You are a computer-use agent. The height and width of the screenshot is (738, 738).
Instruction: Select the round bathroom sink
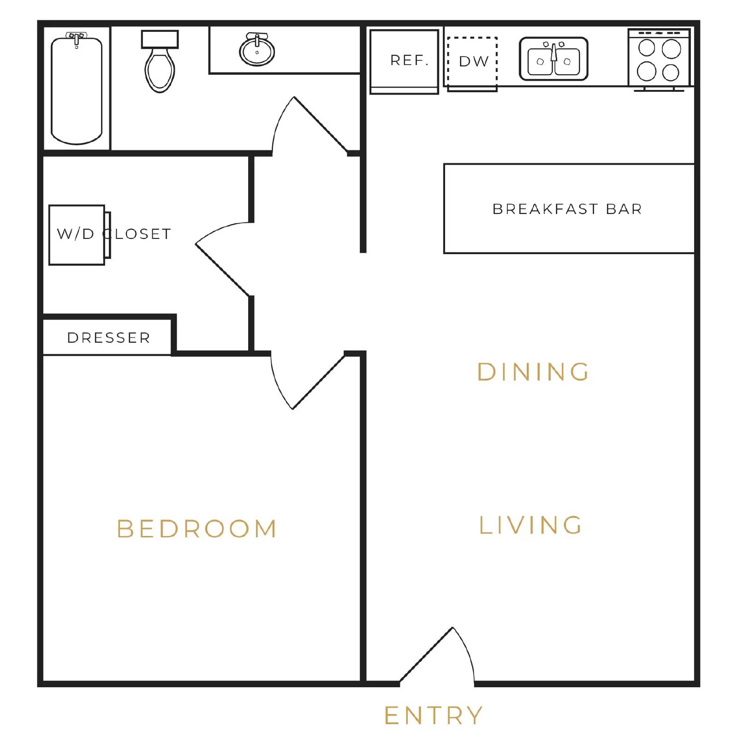click(257, 51)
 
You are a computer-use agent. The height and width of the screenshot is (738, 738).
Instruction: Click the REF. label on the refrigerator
click(409, 60)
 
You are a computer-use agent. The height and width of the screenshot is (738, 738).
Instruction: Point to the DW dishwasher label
click(474, 61)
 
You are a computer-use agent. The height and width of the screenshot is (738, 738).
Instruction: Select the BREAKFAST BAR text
click(567, 209)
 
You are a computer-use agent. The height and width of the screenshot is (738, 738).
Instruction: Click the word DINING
click(534, 372)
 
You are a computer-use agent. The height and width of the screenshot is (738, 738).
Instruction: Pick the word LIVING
click(531, 525)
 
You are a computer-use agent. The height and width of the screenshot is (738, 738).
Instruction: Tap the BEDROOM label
click(197, 529)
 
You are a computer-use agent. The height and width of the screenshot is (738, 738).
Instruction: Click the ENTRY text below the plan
click(434, 715)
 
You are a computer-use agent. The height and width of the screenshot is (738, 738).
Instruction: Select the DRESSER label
click(109, 338)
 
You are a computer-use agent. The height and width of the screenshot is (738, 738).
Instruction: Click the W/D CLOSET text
click(114, 234)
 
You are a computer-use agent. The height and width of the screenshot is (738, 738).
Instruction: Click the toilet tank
click(160, 39)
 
